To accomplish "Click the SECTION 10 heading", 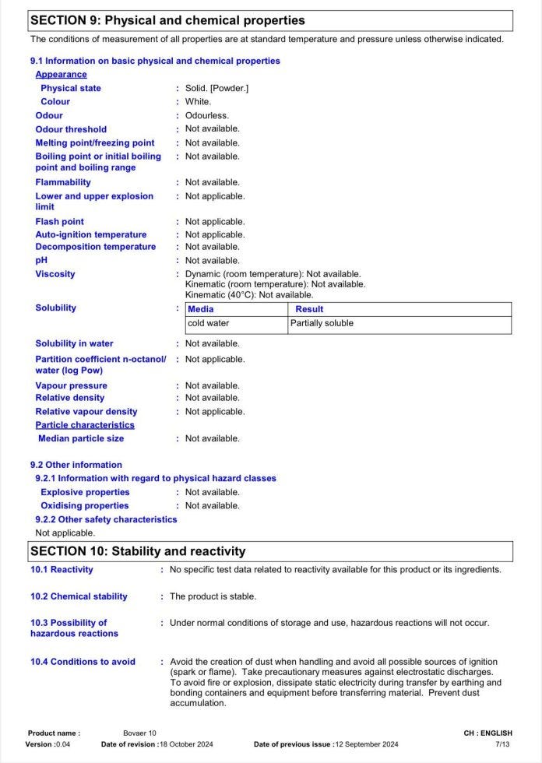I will (x=138, y=551).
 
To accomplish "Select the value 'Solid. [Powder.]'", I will (x=216, y=88).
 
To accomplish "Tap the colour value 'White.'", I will (x=198, y=101).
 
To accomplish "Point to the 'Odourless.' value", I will (x=206, y=115).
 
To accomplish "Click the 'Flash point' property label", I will (x=59, y=222).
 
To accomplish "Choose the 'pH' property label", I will (x=41, y=260).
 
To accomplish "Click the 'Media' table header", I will (x=200, y=309).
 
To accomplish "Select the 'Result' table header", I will (x=309, y=309).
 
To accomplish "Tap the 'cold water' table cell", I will (x=208, y=323).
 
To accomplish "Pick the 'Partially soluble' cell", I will (x=322, y=323).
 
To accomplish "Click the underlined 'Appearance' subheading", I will (x=61, y=75).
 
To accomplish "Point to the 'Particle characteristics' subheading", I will (x=85, y=425).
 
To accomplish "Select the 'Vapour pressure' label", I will (x=71, y=385).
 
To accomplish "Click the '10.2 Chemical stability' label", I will (x=79, y=596).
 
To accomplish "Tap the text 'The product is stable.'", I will (x=213, y=596).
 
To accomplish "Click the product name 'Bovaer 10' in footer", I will (x=139, y=733).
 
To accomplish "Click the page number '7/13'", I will (x=503, y=744).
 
